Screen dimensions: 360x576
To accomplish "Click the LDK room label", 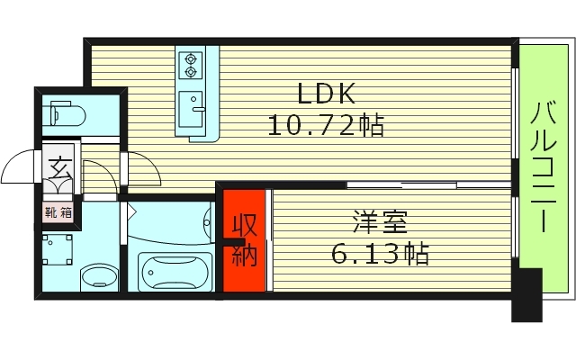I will click(x=328, y=94).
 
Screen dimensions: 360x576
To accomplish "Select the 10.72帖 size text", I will click(x=326, y=124).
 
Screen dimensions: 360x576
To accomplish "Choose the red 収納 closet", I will click(x=245, y=240).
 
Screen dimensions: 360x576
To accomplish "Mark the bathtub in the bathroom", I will click(x=175, y=267).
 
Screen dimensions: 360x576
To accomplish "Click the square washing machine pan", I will click(x=58, y=249).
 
